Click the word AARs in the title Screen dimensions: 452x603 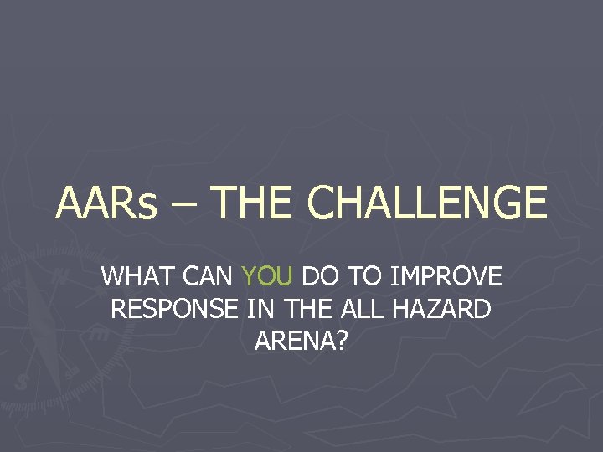point(106,203)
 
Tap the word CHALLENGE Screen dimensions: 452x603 point(427,203)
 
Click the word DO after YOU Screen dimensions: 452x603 point(319,276)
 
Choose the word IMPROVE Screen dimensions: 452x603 point(443,276)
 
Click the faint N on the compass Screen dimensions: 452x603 point(59,275)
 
